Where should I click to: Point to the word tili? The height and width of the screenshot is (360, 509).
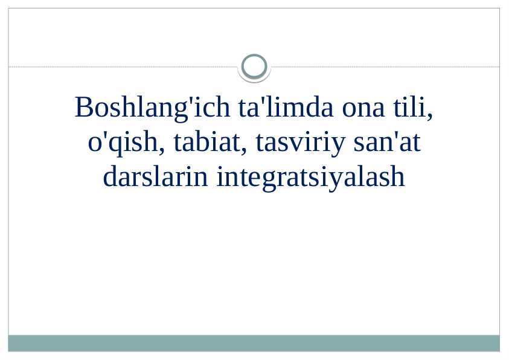(413, 108)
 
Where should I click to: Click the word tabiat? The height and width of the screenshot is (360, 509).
(209, 143)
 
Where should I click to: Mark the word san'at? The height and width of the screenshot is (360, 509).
(385, 143)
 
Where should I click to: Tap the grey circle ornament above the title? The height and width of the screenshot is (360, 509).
(254, 66)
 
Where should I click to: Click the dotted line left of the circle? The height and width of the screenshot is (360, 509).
(121, 66)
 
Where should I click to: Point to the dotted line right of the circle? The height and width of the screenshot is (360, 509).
(386, 66)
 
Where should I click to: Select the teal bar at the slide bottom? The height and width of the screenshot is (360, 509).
(254, 343)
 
